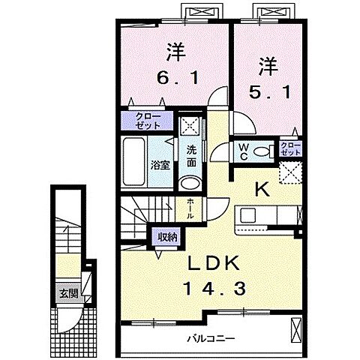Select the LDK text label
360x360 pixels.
212,263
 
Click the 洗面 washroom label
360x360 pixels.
191,154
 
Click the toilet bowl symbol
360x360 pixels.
262,150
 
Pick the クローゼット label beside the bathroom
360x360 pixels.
145,121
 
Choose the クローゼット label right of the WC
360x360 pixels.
289,148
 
